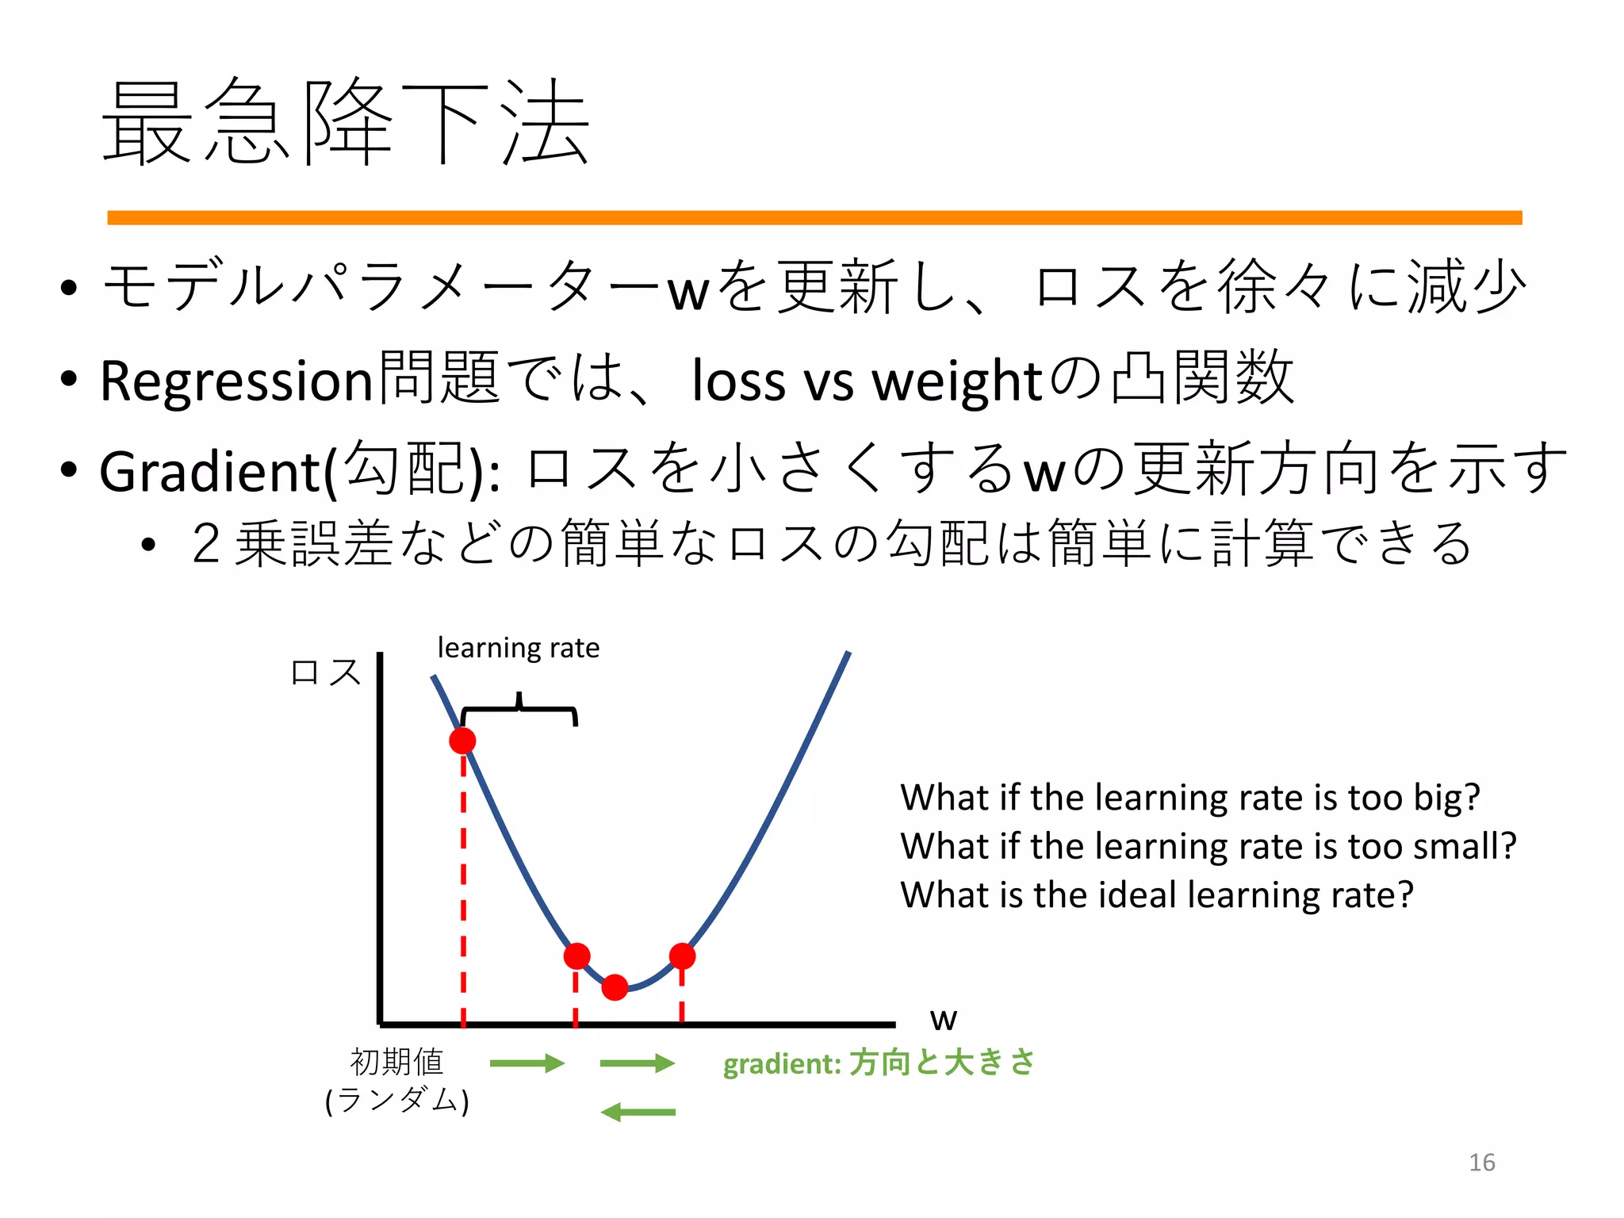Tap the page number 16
pyautogui.click(x=1481, y=1162)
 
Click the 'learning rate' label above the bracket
pyautogui.click(x=518, y=648)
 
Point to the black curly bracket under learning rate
pyautogui.click(x=519, y=709)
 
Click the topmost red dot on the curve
pyautogui.click(x=462, y=741)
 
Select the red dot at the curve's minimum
pyautogui.click(x=615, y=987)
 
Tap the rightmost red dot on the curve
pyautogui.click(x=682, y=956)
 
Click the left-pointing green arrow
pyautogui.click(x=638, y=1113)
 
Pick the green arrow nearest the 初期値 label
pyautogui.click(x=527, y=1063)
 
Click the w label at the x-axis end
pyautogui.click(x=943, y=1020)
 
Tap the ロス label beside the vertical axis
pyautogui.click(x=326, y=672)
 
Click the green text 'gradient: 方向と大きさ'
pyautogui.click(x=879, y=1063)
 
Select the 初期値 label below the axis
pyautogui.click(x=396, y=1062)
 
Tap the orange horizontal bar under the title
pyautogui.click(x=814, y=217)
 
